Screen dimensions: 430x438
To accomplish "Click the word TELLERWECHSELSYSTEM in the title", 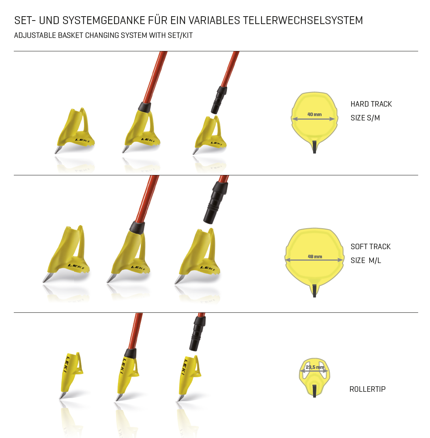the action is coord(303,21).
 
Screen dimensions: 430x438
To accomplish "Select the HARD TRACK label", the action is coord(371,104).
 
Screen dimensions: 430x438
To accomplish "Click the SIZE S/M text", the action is coord(365,118).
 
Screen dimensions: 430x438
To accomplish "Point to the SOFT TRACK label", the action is coord(370,247).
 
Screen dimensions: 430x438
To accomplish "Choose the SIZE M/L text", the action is coord(366,260).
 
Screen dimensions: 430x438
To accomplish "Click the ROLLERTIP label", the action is coord(368,389).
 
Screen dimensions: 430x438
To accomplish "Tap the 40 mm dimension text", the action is coord(314,114).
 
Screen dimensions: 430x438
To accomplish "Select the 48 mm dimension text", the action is coord(315,256).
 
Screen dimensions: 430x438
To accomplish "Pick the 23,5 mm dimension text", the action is coord(315,367).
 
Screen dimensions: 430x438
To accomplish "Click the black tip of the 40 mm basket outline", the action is coord(314,147).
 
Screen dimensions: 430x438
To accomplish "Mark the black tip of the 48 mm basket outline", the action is coord(314,291).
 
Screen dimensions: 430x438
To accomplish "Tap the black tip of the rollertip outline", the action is coord(314,391).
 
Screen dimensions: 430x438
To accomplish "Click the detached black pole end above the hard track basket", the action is coord(219,100).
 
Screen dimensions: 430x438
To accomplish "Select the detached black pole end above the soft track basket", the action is coord(215,202).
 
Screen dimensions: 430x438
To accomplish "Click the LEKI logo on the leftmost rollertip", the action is coord(66,365).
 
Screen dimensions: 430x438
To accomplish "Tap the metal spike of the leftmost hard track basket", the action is coord(58,150).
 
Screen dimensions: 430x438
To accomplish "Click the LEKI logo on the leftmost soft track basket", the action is coord(76,266).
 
